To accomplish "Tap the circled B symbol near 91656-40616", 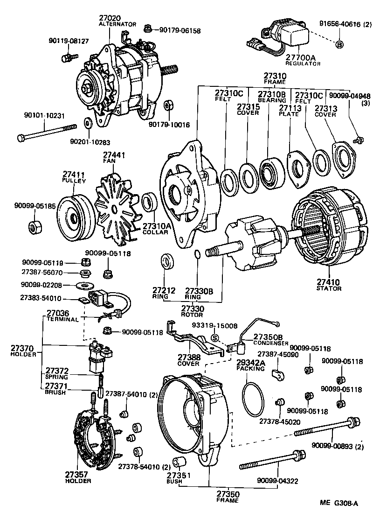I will pos(339,44).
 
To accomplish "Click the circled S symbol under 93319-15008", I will pos(214,338).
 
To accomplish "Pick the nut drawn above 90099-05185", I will pos(34,227).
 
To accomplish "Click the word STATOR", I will pos(329,288).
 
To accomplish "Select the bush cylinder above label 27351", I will pos(180,463).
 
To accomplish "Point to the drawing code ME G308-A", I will pos(338,503).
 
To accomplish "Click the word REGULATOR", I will pos(300,63).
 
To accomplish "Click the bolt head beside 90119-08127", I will pos(66,57).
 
